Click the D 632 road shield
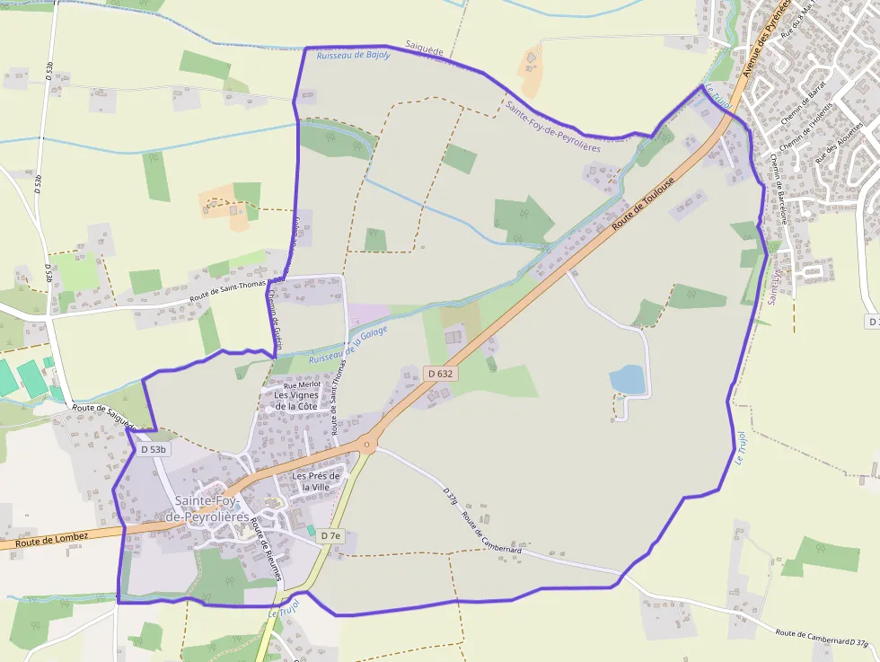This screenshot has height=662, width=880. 440,373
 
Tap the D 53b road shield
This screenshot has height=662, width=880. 154,448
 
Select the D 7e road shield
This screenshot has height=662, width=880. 330,535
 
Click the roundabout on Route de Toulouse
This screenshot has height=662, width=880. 366,444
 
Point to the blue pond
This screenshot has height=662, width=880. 628,380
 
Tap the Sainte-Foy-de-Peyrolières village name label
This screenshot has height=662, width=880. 213,508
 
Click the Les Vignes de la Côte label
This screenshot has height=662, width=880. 296,401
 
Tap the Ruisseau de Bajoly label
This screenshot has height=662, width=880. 353,55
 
